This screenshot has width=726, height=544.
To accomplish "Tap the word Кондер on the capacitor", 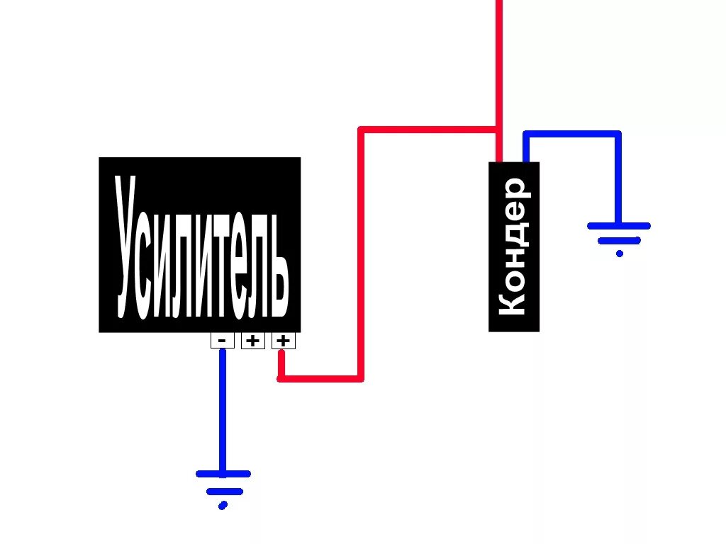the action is [x=513, y=246].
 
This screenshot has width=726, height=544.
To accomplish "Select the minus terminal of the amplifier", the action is [x=222, y=341].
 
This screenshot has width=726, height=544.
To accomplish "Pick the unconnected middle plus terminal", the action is [x=252, y=341].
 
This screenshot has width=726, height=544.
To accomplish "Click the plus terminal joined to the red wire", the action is [x=283, y=341].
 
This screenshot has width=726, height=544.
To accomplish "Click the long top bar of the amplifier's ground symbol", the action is [x=223, y=474].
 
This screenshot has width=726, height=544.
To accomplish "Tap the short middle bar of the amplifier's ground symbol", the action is [x=224, y=491].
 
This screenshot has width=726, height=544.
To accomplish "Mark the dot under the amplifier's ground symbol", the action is [x=223, y=505].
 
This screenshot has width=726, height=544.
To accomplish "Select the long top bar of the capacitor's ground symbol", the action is [x=618, y=226].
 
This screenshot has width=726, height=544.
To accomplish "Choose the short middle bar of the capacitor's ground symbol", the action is [x=619, y=241].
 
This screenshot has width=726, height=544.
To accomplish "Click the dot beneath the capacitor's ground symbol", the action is [x=620, y=254].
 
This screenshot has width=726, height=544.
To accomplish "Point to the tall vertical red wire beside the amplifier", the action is [x=361, y=255].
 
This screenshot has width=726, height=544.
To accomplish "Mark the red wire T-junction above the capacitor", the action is [x=498, y=130].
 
